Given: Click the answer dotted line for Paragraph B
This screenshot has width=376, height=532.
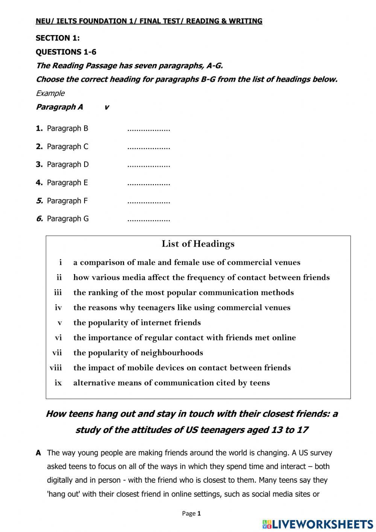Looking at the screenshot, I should (149, 130).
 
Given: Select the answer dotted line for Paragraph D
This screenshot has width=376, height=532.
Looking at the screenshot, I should (149, 166).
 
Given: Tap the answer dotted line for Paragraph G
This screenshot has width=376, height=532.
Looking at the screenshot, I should (149, 220).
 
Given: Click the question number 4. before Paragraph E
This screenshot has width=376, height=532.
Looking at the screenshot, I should (39, 183).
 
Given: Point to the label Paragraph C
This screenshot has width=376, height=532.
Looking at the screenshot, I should (67, 147).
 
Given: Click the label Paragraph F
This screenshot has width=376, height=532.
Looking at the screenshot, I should (67, 201).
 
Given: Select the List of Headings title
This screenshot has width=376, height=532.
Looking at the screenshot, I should (198, 244).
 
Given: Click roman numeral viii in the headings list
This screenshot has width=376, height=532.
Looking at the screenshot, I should (56, 368).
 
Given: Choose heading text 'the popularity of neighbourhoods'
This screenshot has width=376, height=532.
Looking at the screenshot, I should (138, 353).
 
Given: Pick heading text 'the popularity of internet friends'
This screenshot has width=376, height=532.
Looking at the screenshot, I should (137, 323).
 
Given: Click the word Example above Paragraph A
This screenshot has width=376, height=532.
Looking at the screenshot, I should (50, 93).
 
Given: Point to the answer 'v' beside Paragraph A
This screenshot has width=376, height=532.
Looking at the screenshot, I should (106, 107).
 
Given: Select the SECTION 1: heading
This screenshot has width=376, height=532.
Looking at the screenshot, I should (58, 38).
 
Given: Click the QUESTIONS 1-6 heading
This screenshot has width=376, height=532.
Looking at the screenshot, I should (66, 52).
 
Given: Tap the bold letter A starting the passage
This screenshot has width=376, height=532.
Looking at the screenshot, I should (38, 453).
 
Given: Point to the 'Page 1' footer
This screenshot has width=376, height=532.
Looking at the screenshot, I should (191, 514).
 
